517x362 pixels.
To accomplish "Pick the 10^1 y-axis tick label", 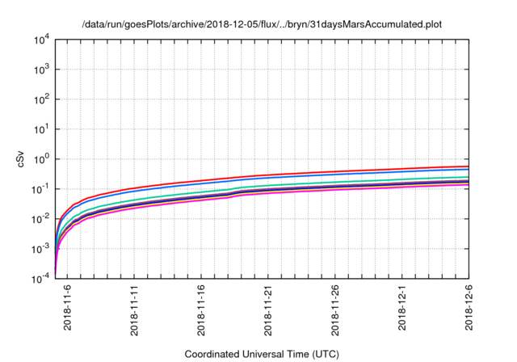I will (42, 129).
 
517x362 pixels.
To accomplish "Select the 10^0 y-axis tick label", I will (42, 159).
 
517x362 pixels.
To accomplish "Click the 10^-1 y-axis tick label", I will (41, 189).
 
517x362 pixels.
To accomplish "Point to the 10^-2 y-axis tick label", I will (41, 219).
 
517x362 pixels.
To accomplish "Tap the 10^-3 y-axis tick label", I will (41, 249).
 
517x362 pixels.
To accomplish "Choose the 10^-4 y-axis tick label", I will (41, 279).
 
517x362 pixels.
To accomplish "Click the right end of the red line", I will (469, 166).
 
